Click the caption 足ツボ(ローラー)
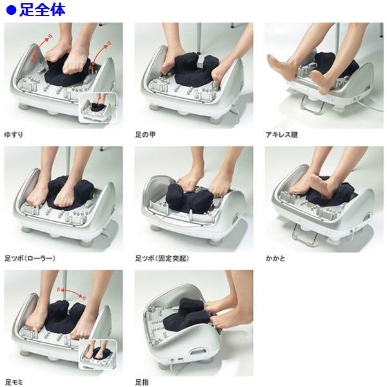tap(30, 258)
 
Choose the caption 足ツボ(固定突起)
tap(162, 258)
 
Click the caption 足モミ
tap(14, 382)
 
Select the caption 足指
tap(142, 382)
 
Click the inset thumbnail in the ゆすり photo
tap(97, 108)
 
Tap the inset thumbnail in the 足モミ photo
tap(98, 355)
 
